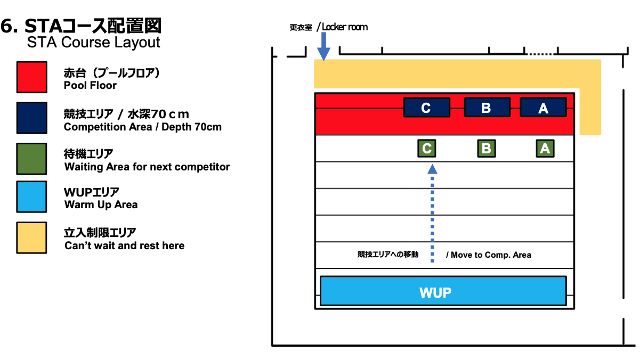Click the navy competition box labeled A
(542, 108)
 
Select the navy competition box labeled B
(487, 107)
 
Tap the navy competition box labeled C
(426, 108)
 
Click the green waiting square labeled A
(545, 148)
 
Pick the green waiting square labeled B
(487, 148)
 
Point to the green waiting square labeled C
(426, 148)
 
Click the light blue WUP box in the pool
(442, 291)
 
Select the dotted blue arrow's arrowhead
(432, 169)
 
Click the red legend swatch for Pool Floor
(31, 77)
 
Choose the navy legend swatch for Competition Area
(31, 117)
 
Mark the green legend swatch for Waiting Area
(31, 159)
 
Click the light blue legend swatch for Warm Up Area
(31, 197)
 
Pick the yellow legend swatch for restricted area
(31, 238)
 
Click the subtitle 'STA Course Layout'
(93, 43)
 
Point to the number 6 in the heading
(7, 26)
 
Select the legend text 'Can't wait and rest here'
(124, 246)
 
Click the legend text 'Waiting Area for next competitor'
(147, 167)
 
